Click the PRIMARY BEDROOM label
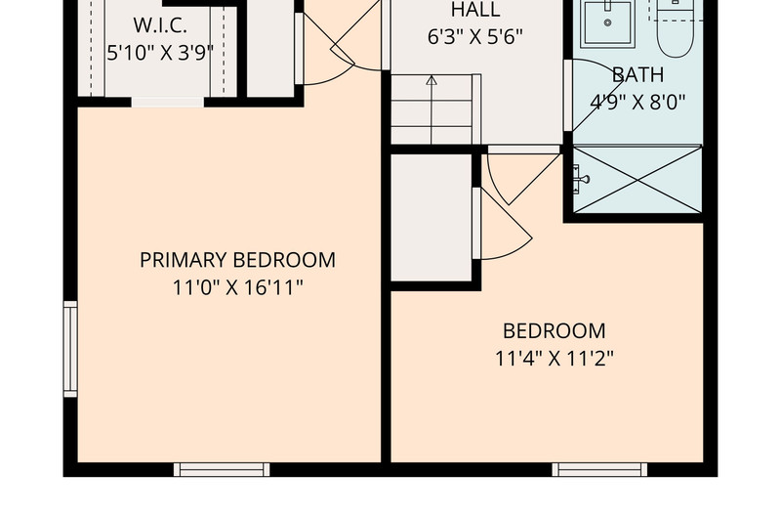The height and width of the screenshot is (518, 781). (237, 260)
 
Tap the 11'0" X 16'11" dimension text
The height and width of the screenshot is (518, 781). (237, 287)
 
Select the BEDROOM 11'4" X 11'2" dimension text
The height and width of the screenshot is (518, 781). (555, 359)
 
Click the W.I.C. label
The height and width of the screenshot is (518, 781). (160, 25)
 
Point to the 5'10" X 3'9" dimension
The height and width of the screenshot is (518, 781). (160, 53)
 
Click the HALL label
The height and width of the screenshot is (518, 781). (475, 10)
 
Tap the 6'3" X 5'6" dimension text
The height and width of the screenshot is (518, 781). (475, 37)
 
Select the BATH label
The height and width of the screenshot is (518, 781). (638, 75)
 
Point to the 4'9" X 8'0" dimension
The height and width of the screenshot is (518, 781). (638, 103)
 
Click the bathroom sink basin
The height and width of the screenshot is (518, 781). (607, 22)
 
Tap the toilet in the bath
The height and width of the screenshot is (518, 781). (675, 30)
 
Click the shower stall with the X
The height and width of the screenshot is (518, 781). (637, 180)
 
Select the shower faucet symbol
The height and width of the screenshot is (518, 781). (580, 179)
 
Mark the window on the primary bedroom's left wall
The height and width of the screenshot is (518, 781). (70, 349)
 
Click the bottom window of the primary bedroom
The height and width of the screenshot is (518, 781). (222, 470)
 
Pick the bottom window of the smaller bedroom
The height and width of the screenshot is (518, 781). (599, 470)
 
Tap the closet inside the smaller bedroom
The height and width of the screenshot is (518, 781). (432, 217)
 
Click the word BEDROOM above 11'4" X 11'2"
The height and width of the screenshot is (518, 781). (555, 331)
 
